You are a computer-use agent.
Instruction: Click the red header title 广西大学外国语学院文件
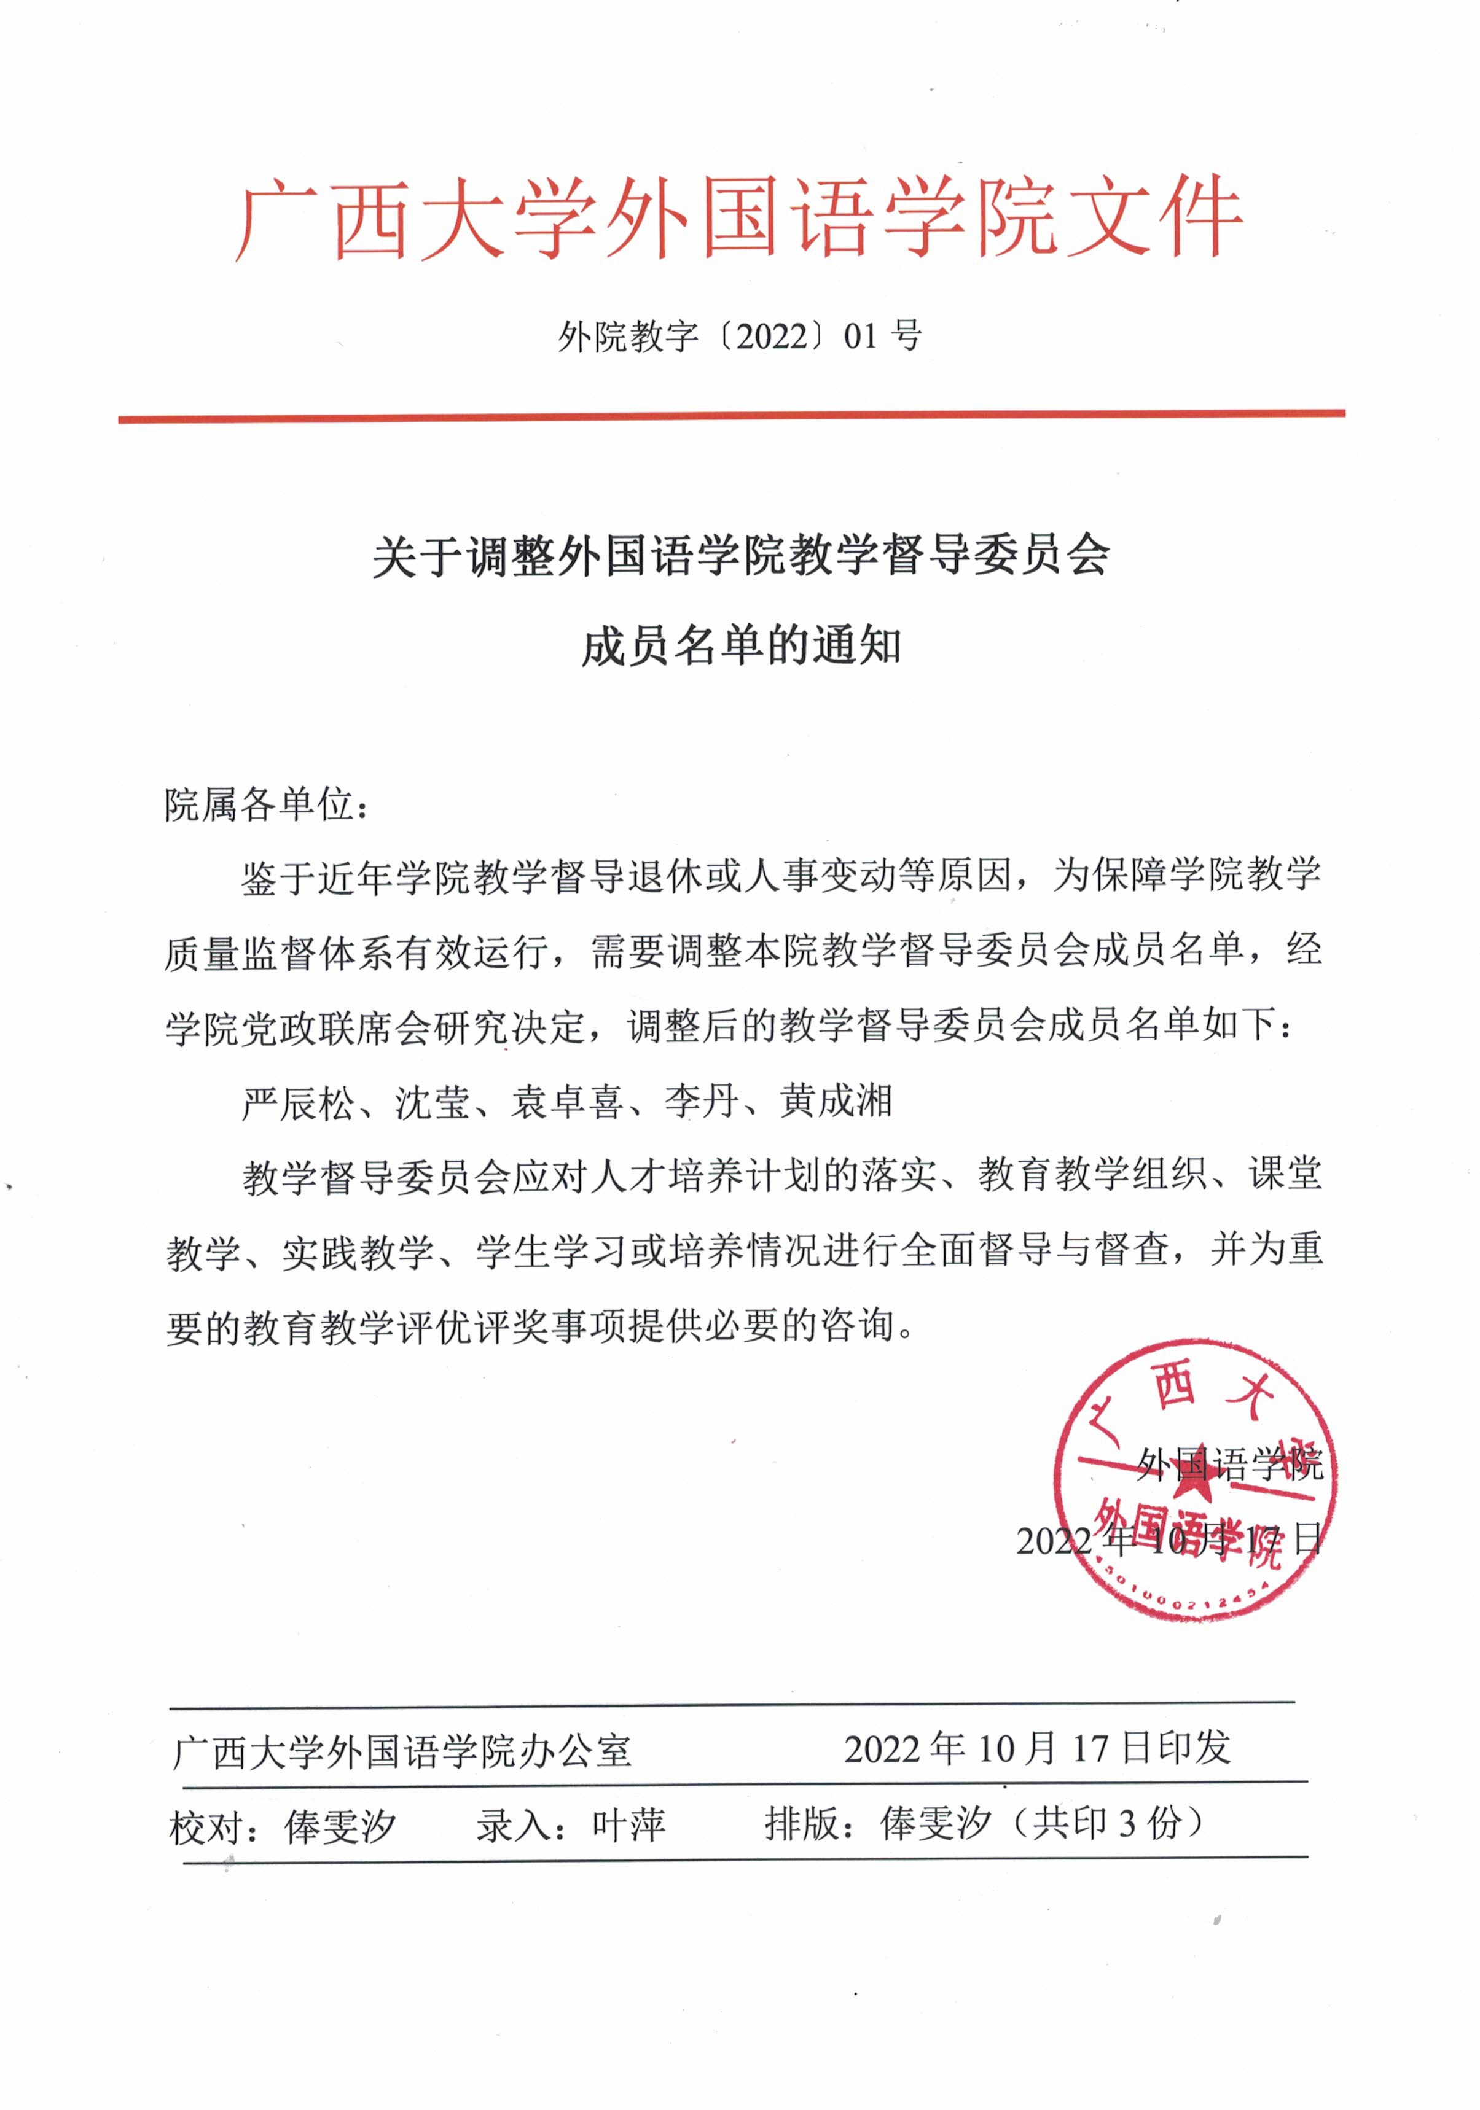(x=739, y=218)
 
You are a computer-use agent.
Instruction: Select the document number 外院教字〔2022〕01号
(x=739, y=337)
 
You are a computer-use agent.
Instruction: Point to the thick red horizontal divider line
(x=731, y=417)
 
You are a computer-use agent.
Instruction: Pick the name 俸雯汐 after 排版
(x=935, y=1823)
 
